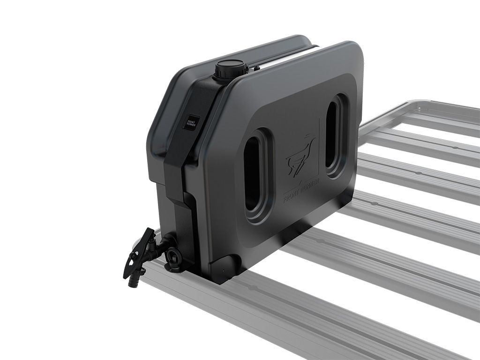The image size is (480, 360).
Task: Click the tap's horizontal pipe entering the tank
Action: pyautogui.click(x=162, y=246)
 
